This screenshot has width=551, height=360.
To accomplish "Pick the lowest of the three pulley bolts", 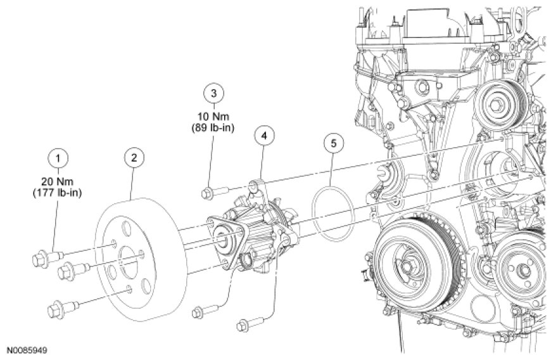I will coord(60,311).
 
